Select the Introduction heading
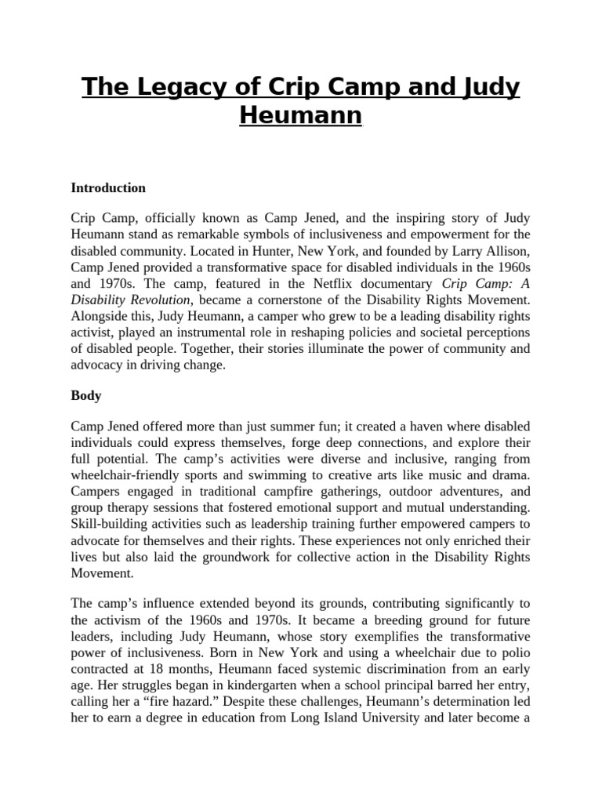click(108, 188)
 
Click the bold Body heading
click(86, 396)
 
